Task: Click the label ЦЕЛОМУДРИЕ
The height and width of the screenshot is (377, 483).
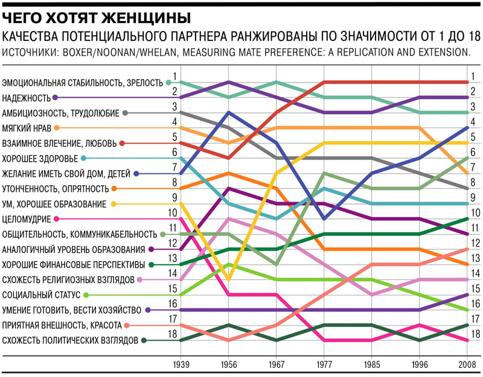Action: tap(27, 219)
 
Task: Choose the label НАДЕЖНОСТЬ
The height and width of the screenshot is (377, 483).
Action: tap(25, 97)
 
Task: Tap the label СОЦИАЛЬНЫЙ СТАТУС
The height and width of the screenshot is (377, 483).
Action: tap(42, 295)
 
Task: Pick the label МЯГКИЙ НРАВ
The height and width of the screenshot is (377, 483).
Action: tap(26, 128)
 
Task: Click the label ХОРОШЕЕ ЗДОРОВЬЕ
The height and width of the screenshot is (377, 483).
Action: tap(40, 158)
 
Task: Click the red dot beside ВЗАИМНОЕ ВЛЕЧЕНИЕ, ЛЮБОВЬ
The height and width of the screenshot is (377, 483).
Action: tap(122, 143)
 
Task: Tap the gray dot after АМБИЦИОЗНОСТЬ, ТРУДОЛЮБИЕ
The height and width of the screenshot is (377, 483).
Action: tap(125, 113)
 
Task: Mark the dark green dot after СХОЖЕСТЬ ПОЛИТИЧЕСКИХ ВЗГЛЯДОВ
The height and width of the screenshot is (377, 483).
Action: tap(144, 340)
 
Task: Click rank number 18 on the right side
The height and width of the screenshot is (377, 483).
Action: tap(475, 334)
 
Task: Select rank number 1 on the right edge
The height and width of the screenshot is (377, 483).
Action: tap(475, 76)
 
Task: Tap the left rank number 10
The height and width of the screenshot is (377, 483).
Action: tap(173, 212)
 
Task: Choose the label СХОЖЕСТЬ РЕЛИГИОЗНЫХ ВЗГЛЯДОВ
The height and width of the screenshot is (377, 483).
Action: tap(68, 279)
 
